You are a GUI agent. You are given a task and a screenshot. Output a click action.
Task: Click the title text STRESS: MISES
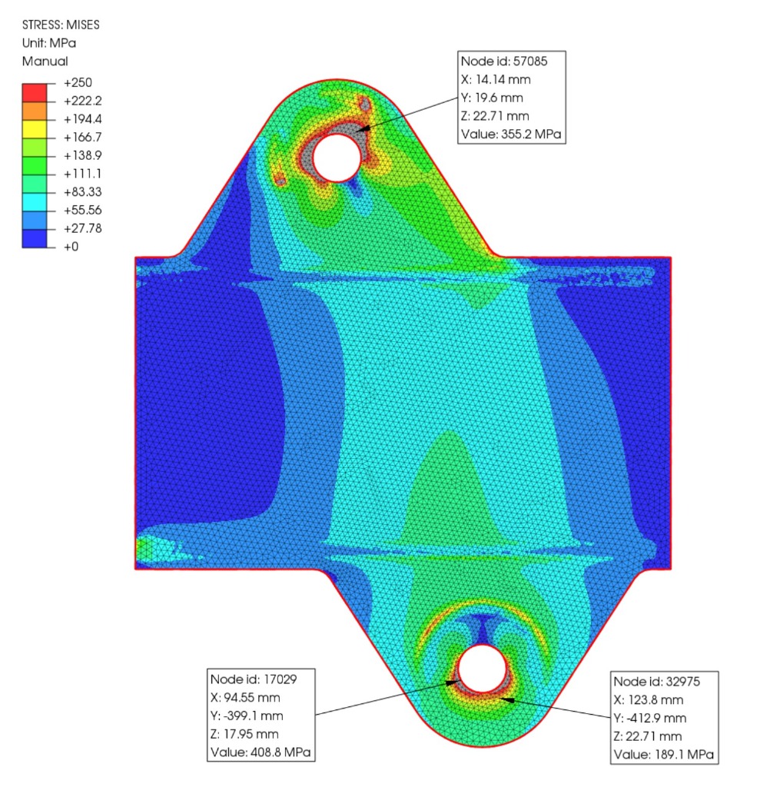click(61, 25)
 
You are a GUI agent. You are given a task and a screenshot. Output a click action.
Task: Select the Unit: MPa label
click(49, 43)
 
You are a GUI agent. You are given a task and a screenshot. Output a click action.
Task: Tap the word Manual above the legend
click(45, 61)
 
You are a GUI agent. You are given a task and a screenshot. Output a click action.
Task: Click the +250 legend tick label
click(78, 83)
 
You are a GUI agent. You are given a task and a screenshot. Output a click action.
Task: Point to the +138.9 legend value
click(83, 155)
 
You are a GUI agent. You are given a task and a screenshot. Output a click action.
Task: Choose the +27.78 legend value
click(83, 228)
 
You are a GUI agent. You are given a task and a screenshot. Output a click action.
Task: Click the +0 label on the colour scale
click(71, 247)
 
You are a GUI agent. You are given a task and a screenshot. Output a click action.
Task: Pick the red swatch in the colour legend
click(35, 92)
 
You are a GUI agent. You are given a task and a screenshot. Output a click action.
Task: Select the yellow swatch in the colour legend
click(35, 129)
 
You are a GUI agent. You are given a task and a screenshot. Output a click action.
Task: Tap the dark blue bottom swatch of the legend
click(35, 238)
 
